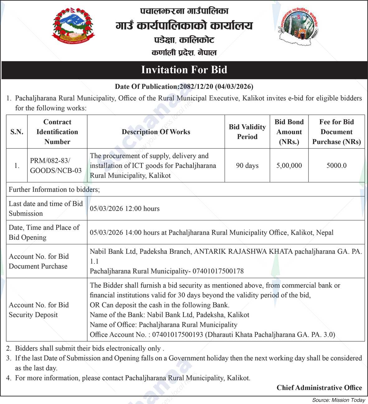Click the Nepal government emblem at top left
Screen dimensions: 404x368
[x=74, y=26]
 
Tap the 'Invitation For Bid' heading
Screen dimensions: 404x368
[x=184, y=70]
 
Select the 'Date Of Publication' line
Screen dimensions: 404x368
[x=184, y=87]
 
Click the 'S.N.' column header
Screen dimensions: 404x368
[x=17, y=132]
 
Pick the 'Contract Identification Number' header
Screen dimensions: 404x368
[x=57, y=132]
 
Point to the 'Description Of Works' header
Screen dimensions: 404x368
[x=156, y=132]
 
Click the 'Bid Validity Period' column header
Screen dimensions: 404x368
[x=247, y=132]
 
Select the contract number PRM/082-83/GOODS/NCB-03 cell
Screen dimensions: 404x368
[x=56, y=166]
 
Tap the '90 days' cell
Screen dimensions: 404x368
[x=247, y=166]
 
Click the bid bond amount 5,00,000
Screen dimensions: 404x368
[x=289, y=166]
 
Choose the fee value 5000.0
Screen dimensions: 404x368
[x=337, y=166]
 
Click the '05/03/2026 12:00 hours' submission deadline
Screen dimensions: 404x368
[x=125, y=209]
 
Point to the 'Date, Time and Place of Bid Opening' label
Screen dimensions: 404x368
[x=44, y=232]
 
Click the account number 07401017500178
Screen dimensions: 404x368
[x=218, y=271]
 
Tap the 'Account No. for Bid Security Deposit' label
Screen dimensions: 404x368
[x=39, y=310]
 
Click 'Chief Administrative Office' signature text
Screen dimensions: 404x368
[x=319, y=388]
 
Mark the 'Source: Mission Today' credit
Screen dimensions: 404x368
[x=338, y=400]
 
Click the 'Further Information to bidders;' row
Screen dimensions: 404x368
[x=54, y=190]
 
